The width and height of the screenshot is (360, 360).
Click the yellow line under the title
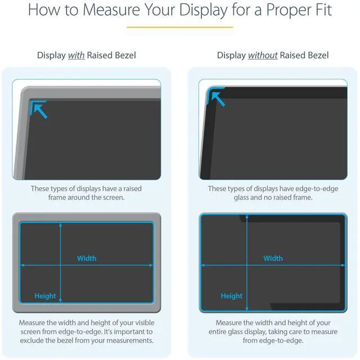pos(179,27)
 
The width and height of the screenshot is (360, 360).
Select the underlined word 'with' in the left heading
pos(76,55)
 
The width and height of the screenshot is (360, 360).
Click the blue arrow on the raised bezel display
pos(39,109)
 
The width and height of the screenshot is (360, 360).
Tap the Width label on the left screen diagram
pos(87,258)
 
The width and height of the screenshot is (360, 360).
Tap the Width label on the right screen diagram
pos(273,258)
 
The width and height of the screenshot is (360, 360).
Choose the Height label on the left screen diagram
pos(45,296)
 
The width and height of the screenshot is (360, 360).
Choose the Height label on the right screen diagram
pos(231,296)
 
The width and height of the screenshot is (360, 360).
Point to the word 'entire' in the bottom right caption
pos(229,332)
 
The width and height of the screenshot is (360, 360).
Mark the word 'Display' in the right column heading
pos(231,55)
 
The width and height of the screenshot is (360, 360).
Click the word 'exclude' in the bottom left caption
pos(34,341)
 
